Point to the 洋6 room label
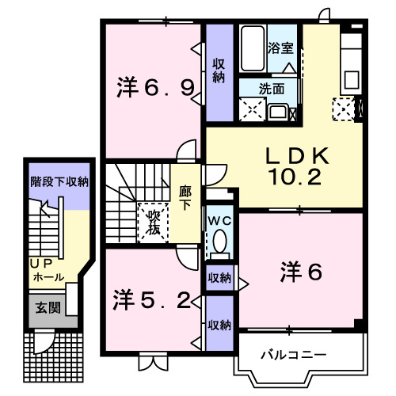click(299, 273)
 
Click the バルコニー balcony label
click(293, 354)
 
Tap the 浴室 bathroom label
click(280, 48)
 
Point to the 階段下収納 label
click(59, 183)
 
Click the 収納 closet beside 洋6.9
click(219, 70)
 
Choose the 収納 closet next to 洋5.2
click(219, 324)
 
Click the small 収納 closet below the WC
click(219, 277)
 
